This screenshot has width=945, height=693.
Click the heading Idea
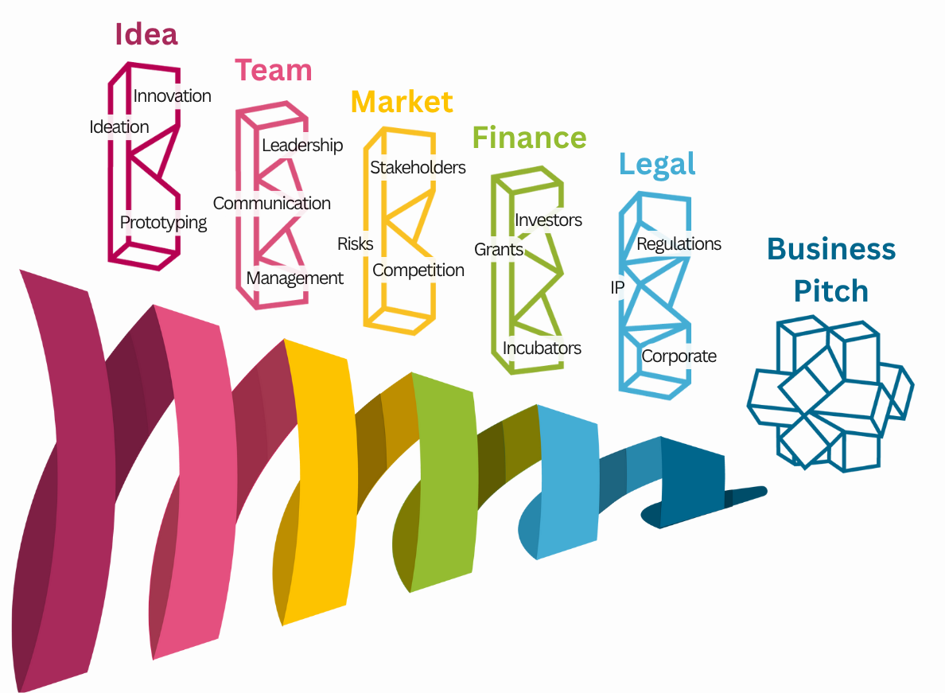pos(146,34)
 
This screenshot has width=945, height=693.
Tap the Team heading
pos(273,70)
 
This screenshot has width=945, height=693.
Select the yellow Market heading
pos(402,102)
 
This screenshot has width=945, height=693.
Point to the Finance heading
pos(529,138)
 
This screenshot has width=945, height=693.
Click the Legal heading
pos(657,164)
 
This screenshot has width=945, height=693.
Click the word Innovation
pos(172,96)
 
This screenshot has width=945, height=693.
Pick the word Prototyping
pos(163,223)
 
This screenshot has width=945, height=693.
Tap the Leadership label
pos(302,145)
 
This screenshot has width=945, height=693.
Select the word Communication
pos(271,203)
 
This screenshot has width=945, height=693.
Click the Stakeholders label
pos(418,167)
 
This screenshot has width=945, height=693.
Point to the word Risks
pos(355,243)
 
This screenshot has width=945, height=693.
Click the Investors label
pos(548,220)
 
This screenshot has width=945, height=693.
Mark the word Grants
pos(499,250)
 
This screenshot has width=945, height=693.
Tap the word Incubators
pos(542,348)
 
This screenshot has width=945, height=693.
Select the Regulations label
pos(679,243)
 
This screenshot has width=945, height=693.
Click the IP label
pos(617,287)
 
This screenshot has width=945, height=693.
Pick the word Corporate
pos(679,356)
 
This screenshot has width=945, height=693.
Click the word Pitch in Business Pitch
pos(831,291)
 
